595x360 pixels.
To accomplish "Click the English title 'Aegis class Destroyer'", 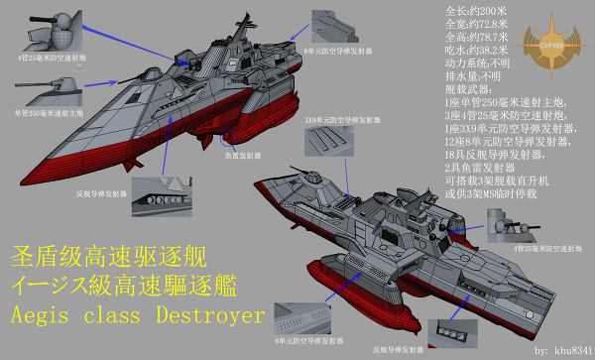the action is (x=137, y=316).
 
